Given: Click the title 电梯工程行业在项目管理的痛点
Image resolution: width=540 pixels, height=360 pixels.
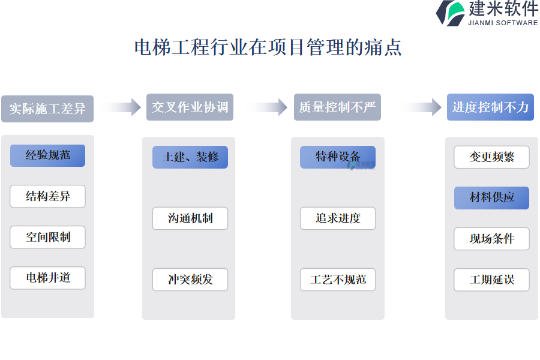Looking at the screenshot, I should (268, 47).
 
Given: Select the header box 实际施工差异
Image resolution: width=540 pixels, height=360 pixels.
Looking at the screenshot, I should (47, 109).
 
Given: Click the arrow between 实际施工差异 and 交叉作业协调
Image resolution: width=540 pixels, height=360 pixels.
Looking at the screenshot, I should (120, 107).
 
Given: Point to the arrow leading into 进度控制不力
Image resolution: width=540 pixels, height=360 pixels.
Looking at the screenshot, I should (421, 107).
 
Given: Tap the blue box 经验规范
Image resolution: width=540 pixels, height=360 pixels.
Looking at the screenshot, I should (47, 155).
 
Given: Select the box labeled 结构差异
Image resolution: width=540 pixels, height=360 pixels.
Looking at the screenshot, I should (47, 196).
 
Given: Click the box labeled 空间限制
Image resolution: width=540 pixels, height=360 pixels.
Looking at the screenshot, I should (47, 237).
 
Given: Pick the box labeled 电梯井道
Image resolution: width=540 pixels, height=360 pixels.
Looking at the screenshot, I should (47, 278).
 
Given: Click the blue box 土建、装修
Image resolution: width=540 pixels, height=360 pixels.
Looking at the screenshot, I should (190, 157).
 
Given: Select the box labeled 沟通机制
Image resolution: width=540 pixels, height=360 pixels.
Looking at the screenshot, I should (190, 218).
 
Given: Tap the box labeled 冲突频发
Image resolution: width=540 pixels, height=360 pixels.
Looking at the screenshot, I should (190, 280).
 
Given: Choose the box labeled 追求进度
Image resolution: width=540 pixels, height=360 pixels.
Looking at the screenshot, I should (338, 218).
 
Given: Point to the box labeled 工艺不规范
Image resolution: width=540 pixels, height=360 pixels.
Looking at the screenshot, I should (338, 280).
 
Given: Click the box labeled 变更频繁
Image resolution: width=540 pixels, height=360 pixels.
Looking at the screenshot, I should (491, 157).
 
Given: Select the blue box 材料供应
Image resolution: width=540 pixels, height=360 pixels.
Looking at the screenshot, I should (491, 198).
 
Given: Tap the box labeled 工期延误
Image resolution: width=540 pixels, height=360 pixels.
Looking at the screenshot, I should (491, 280).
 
